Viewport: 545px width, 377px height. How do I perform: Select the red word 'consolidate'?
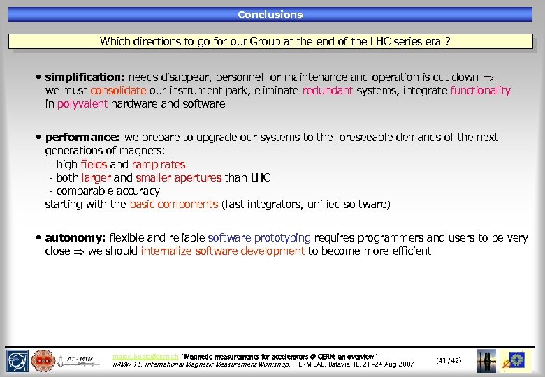[x=118, y=91]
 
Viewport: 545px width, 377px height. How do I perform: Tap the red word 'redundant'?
[x=328, y=91]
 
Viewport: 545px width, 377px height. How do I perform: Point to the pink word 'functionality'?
[x=481, y=91]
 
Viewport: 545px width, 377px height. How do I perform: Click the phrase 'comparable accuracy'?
[x=108, y=191]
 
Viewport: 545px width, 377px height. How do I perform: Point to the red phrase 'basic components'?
[x=174, y=205]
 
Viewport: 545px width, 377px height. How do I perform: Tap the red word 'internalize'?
[x=166, y=251]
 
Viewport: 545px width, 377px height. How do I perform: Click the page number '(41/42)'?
[x=449, y=360]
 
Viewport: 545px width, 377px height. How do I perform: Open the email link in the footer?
[x=145, y=357]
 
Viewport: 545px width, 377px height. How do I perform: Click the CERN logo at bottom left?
[x=17, y=360]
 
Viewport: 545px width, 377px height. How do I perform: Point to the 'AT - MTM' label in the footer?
[x=80, y=359]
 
